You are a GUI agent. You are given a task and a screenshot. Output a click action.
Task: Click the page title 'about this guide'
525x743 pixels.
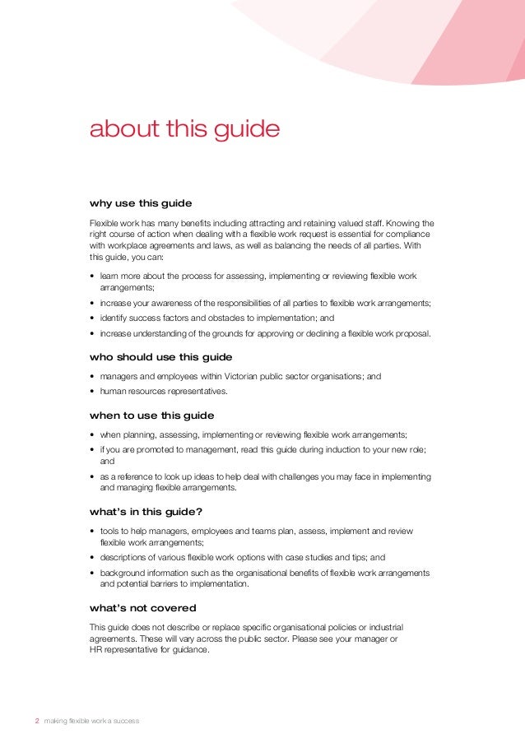pos(184,130)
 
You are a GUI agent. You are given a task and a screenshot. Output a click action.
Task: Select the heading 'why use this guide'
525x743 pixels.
pos(141,202)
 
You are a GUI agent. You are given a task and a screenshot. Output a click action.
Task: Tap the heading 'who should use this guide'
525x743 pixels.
pos(160,357)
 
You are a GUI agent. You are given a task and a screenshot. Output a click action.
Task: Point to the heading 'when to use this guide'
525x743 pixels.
pos(151,416)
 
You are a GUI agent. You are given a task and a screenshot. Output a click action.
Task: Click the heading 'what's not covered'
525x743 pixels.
pos(142,608)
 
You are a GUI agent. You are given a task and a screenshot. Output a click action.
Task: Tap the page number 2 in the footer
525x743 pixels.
pos(36,721)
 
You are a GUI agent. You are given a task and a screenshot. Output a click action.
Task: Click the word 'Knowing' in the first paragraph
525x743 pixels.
pos(401,224)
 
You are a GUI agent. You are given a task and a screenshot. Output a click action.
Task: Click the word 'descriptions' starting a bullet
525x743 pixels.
pos(123,557)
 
